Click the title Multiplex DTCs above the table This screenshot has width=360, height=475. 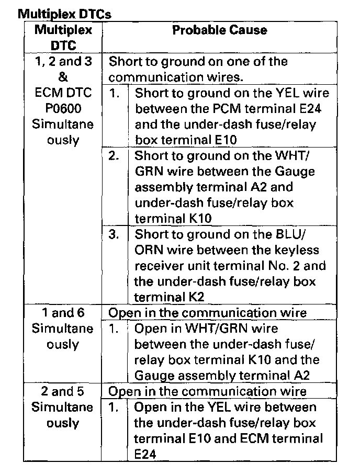click(65, 14)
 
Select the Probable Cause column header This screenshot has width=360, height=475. click(219, 30)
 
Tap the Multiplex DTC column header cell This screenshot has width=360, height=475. click(63, 38)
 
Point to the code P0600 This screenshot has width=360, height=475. click(63, 109)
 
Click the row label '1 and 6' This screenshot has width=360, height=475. click(63, 313)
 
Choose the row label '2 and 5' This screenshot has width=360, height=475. click(63, 391)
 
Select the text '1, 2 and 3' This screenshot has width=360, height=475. click(63, 62)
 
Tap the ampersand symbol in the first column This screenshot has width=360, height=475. click(63, 77)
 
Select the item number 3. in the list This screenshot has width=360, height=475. click(114, 234)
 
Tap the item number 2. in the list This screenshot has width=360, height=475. click(114, 156)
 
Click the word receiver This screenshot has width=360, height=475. click(159, 266)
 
